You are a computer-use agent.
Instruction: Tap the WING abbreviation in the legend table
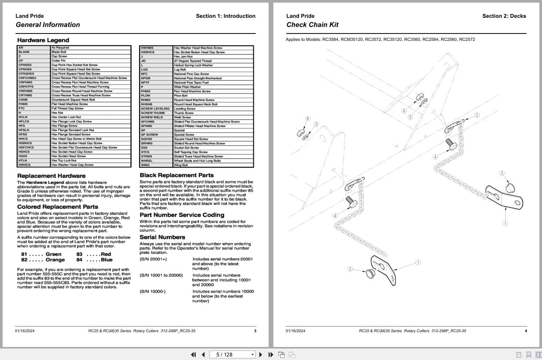tap(145, 165)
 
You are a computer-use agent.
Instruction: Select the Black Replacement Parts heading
tap(176, 175)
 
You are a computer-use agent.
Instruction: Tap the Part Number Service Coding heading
tap(182, 215)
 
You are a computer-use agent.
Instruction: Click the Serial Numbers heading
tap(162, 237)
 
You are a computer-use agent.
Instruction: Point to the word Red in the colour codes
tap(106, 254)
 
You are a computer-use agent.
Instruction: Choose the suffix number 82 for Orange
tap(24, 260)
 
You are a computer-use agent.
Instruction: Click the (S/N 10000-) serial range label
tap(153, 291)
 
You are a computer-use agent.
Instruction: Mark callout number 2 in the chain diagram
tap(477, 115)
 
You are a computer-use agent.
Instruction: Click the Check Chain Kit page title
tap(312, 25)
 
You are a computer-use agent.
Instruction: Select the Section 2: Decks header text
tap(504, 16)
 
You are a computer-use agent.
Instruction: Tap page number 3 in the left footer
tap(255, 331)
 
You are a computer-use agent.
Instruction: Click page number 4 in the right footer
tap(525, 331)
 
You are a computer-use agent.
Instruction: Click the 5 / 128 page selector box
tap(232, 354)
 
